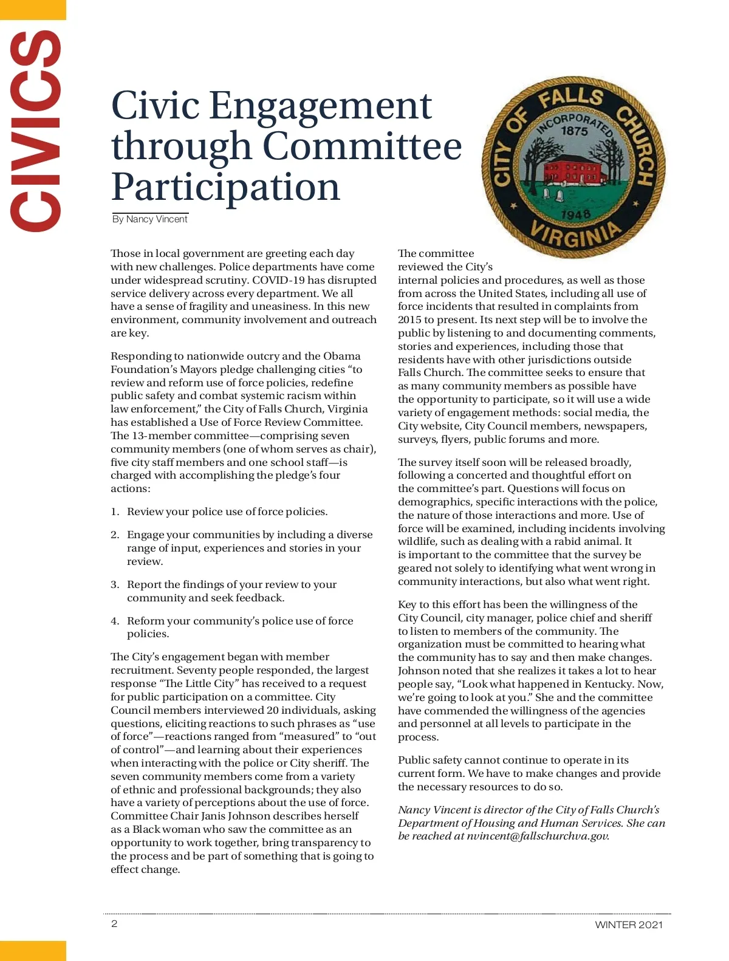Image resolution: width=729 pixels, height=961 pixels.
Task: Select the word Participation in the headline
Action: click(225, 186)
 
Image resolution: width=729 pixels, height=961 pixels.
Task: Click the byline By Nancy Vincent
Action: click(150, 219)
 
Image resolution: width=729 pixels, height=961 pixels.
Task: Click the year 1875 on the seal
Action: click(574, 131)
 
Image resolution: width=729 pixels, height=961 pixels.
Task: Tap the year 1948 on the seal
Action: click(575, 215)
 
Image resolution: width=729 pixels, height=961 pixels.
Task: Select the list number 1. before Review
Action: click(115, 512)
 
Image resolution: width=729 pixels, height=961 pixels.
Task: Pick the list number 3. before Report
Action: click(115, 585)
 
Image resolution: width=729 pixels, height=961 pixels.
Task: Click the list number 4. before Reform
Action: click(115, 621)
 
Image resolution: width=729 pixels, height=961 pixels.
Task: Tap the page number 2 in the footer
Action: click(114, 924)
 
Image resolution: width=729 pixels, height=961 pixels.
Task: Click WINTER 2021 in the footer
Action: click(629, 925)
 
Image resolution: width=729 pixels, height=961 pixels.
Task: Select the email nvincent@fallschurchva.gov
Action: click(538, 836)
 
